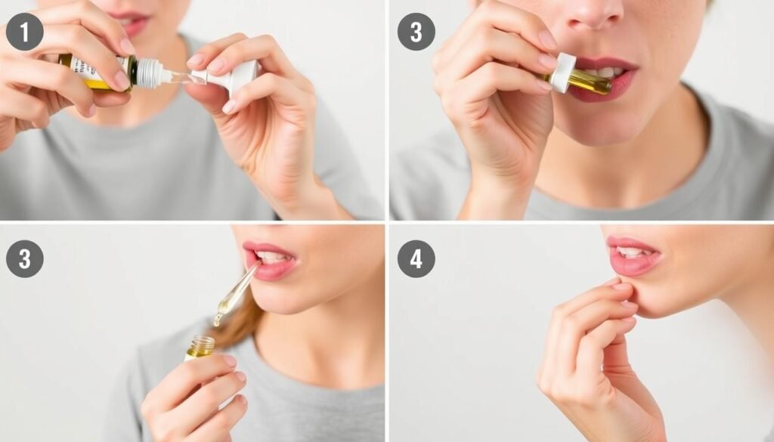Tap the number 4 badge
pos(416,259)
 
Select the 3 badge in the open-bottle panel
pos(24,259)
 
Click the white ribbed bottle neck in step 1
pos(149,73)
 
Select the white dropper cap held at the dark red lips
pos(562,73)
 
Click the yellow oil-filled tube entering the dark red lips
pos(590,82)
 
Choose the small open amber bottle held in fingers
pos(200,348)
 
